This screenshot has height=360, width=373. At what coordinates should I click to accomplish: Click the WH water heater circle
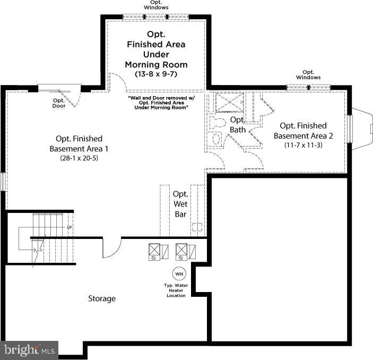coord(179,273)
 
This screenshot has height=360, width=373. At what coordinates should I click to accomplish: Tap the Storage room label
coord(101,298)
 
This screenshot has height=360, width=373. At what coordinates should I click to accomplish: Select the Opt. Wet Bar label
coord(180,204)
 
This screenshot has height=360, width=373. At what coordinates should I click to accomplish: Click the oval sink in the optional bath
coord(216,139)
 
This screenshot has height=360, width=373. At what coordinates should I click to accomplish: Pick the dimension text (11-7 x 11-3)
coord(303,144)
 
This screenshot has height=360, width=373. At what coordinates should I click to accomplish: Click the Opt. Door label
coord(58,103)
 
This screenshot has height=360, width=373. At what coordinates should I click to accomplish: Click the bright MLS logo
coord(29,350)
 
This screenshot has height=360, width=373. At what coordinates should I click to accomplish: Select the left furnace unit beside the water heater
coord(154,251)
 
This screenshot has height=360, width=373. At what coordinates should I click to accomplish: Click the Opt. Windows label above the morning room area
coord(156,5)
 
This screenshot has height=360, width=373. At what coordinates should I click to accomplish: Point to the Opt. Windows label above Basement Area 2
coord(308,75)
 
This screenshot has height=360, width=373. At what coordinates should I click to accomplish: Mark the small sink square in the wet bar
coord(197,227)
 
